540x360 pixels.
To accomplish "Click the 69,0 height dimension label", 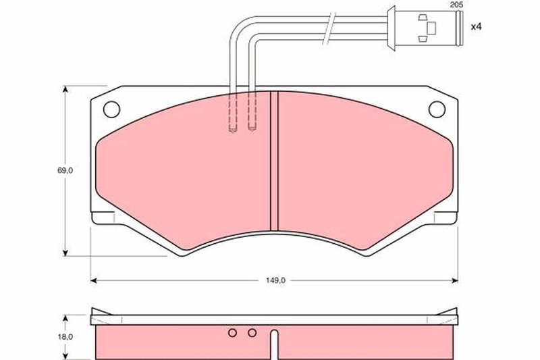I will tap(65, 172).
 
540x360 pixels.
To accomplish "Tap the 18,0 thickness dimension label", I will tap(65, 336).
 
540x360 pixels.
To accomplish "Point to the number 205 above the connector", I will tap(458, 5).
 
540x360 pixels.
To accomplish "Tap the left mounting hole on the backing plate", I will tap(112, 107).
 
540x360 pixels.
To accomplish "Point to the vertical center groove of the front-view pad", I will tap(274, 162).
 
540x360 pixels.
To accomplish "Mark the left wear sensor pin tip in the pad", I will tap(233, 130).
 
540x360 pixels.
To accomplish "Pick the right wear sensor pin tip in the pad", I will tap(252, 130).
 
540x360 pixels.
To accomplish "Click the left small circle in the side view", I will tap(232, 332).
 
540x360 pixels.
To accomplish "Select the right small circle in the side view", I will tap(252, 332).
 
